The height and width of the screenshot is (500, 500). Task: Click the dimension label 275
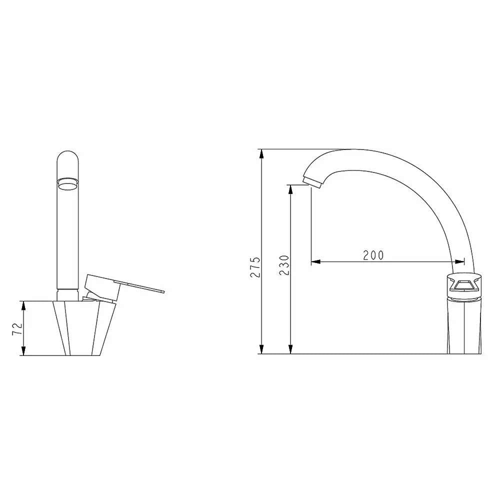click(255, 266)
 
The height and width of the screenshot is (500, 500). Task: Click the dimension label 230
click(284, 265)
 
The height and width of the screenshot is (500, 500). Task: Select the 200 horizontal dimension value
click(373, 255)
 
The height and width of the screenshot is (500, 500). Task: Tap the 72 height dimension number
click(17, 328)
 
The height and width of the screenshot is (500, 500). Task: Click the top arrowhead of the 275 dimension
click(261, 153)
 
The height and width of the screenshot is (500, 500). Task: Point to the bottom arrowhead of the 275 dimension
click(261, 349)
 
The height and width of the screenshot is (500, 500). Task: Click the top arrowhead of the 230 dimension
click(290, 189)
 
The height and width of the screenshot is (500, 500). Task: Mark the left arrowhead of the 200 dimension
click(315, 262)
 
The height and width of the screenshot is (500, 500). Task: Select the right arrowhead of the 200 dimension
click(459, 262)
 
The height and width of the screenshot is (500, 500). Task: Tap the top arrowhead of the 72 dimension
click(23, 305)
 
